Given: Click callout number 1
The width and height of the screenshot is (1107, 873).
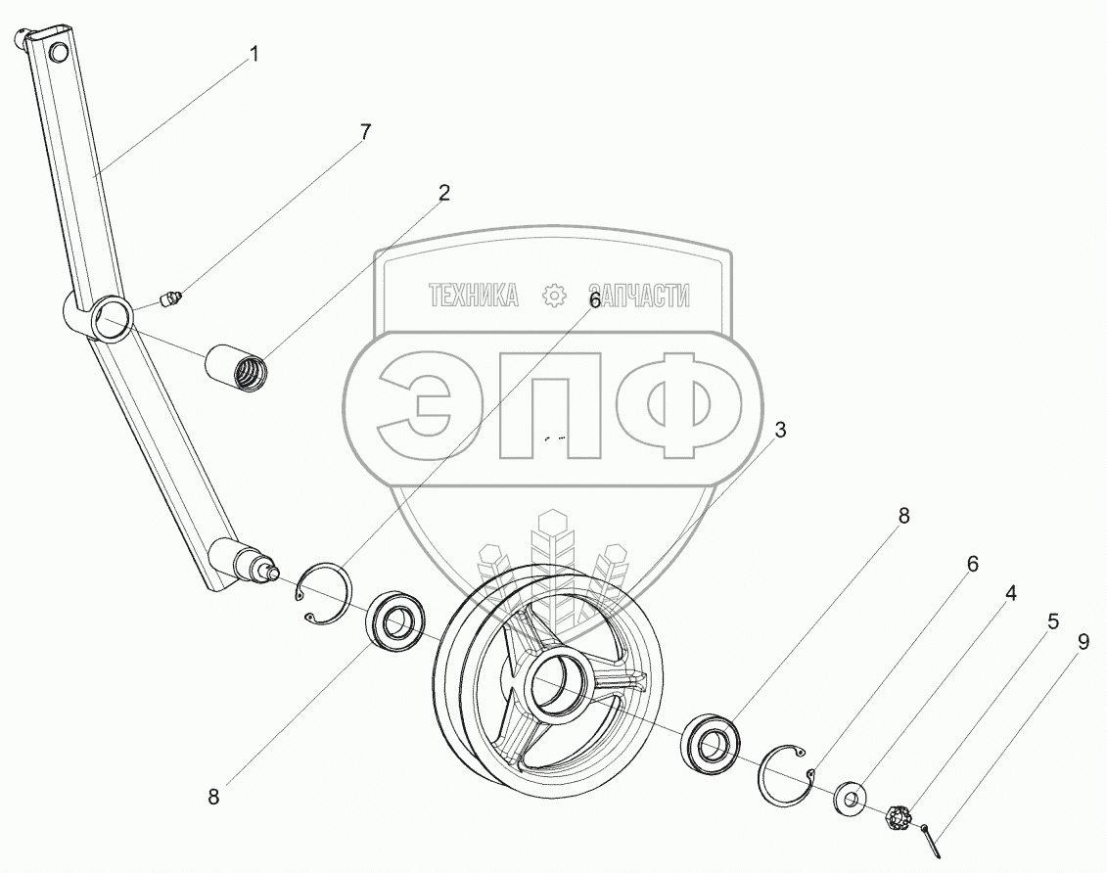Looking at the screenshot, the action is [x=254, y=55].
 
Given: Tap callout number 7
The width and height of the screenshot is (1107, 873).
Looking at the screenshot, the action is [x=364, y=132].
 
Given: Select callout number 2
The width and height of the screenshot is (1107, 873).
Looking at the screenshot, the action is [x=443, y=192].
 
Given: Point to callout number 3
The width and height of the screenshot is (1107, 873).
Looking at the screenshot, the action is [x=780, y=429].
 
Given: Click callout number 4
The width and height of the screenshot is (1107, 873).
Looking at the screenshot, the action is [x=1010, y=594].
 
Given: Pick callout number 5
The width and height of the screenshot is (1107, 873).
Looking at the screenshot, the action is [x=1052, y=621].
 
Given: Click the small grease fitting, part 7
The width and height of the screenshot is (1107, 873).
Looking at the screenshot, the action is [x=171, y=299].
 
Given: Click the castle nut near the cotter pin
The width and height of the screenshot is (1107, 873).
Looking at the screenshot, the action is [x=897, y=818].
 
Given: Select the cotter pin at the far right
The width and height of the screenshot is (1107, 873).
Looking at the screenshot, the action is [x=931, y=839].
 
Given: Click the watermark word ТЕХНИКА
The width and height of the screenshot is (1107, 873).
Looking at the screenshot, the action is [x=473, y=295].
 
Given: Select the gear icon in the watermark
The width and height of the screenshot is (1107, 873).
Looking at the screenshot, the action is [x=554, y=295].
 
